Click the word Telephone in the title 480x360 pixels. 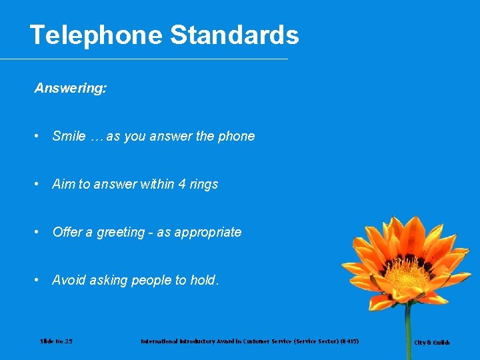[96, 35]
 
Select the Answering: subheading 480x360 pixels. [70, 88]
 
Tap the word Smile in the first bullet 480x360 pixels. [69, 136]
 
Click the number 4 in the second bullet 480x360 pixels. [183, 184]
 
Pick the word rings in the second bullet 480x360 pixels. [204, 184]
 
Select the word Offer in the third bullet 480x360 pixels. [67, 232]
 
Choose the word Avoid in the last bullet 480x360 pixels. [67, 280]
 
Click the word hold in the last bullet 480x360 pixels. [202, 280]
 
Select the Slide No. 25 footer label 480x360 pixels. [56, 341]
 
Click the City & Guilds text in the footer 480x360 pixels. [432, 343]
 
